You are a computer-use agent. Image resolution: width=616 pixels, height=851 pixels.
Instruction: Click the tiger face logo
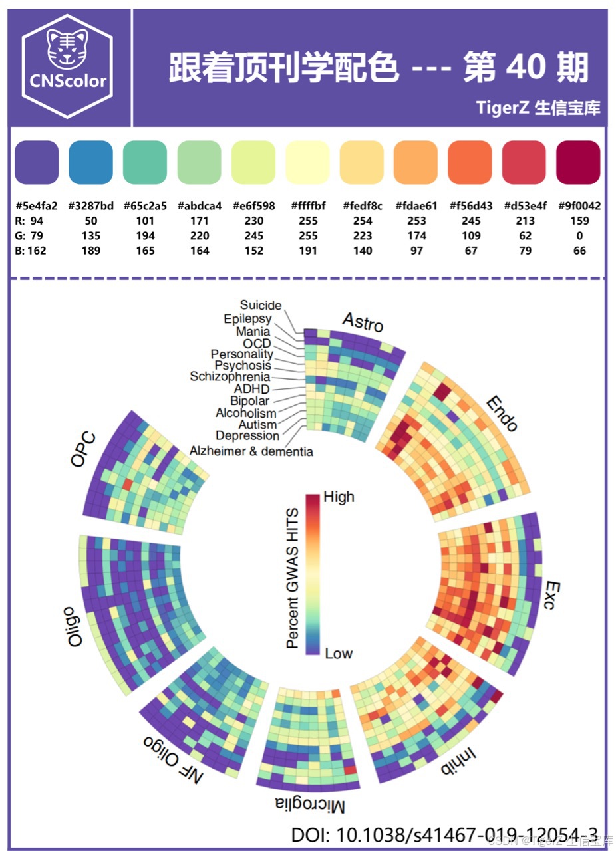pyautogui.click(x=67, y=49)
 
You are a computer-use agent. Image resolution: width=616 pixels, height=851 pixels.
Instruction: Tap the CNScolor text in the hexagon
pyautogui.click(x=68, y=81)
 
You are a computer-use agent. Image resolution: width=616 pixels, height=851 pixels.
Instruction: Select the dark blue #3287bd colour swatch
pyautogui.click(x=91, y=162)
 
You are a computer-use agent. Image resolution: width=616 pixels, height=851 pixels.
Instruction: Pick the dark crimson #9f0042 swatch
pyautogui.click(x=578, y=162)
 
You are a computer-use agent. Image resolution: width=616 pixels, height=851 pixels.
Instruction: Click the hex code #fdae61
pyautogui.click(x=416, y=206)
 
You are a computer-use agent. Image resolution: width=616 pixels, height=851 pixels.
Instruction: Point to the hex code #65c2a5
pyautogui.click(x=145, y=206)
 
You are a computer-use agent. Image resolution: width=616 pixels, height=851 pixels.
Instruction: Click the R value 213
pyautogui.click(x=525, y=221)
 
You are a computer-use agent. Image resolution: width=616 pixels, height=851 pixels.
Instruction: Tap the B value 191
pyautogui.click(x=308, y=251)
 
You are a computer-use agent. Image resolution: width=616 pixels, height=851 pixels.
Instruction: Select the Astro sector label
pyautogui.click(x=363, y=322)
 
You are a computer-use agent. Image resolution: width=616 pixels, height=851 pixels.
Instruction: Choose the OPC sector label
pyautogui.click(x=83, y=449)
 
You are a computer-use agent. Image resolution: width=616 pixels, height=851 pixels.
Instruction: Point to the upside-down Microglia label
pyautogui.click(x=310, y=805)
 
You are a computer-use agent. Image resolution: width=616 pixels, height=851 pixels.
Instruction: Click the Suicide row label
pyautogui.click(x=261, y=305)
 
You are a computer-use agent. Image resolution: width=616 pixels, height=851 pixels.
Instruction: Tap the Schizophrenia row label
pyautogui.click(x=230, y=376)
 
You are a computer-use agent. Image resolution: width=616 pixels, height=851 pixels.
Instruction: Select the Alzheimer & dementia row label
pyautogui.click(x=251, y=451)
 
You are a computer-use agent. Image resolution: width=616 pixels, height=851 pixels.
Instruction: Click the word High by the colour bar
pyautogui.click(x=339, y=497)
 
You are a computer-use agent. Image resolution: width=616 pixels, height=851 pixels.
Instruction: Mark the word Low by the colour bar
pyautogui.click(x=339, y=653)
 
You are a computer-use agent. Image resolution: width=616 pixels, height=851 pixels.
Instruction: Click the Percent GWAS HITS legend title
pyautogui.click(x=293, y=578)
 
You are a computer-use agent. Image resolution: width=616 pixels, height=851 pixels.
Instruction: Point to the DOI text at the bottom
pyautogui.click(x=444, y=834)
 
